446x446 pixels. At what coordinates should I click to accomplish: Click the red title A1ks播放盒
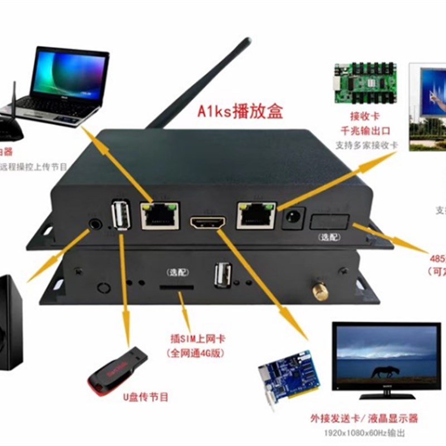pos(241,111)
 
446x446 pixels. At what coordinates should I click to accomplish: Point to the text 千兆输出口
pos(365,131)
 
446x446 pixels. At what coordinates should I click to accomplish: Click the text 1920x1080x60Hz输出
pos(365,433)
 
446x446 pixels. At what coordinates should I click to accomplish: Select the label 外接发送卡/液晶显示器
pos(365,418)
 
